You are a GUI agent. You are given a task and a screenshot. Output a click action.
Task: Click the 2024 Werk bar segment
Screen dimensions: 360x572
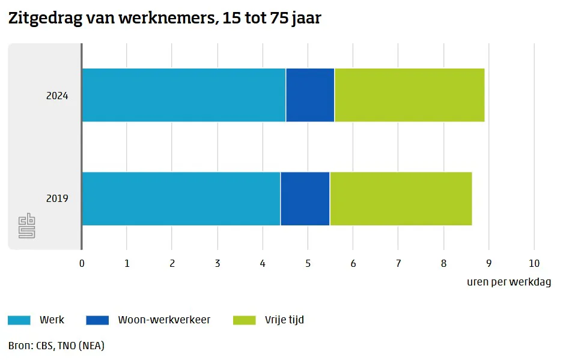coord(183,95)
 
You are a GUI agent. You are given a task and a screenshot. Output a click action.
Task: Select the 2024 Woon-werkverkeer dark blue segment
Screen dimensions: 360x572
coord(310,95)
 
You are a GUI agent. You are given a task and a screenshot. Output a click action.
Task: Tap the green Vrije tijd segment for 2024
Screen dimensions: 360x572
coord(409,95)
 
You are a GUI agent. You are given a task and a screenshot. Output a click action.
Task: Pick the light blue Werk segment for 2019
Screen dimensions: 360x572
coord(181,198)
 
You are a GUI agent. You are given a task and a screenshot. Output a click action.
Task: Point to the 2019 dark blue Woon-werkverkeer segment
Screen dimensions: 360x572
coord(305,198)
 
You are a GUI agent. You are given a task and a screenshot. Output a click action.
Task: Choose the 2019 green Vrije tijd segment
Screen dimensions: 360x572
coord(401,198)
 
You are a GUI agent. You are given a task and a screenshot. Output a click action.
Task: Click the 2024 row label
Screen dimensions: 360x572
coord(57,95)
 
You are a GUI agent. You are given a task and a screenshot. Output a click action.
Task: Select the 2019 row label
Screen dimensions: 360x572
coord(57,198)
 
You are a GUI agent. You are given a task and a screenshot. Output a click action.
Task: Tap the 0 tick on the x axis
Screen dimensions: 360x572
coord(82,263)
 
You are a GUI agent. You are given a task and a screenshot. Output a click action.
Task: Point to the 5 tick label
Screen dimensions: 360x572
coord(308,263)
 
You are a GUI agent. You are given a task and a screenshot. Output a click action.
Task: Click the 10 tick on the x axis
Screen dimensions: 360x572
coord(534,263)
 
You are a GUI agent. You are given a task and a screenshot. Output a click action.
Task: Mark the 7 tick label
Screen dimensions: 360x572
coord(398,263)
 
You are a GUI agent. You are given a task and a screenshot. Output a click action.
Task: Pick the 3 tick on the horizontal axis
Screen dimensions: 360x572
coord(218,263)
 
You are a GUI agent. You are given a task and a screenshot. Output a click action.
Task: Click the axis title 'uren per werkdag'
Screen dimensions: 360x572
coord(508,282)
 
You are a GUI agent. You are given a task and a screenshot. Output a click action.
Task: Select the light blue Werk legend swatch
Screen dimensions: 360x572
coord(19,320)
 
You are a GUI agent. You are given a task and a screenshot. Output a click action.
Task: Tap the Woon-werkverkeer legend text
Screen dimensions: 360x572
coord(164,320)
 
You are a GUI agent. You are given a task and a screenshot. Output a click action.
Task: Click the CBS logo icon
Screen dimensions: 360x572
coord(27,225)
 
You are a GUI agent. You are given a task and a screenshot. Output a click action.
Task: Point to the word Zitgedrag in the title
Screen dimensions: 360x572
coord(44,19)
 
